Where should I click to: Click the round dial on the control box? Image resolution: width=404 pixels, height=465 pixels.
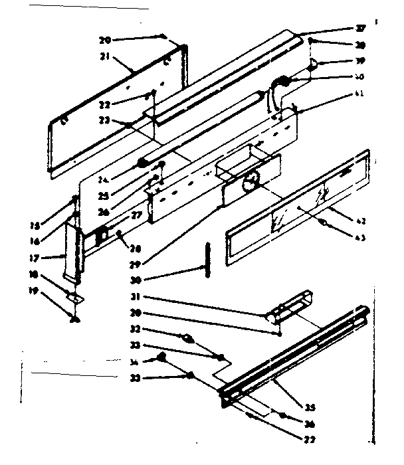tap(251, 180)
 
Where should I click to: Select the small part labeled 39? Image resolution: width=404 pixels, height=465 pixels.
tap(314, 64)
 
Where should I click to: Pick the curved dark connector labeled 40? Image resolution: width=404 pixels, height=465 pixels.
tap(282, 82)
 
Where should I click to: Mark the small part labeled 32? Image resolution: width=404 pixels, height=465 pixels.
tap(189, 338)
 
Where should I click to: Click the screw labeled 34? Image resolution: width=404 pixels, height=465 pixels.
tap(161, 359)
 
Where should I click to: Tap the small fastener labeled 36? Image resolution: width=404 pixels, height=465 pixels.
tap(282, 416)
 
